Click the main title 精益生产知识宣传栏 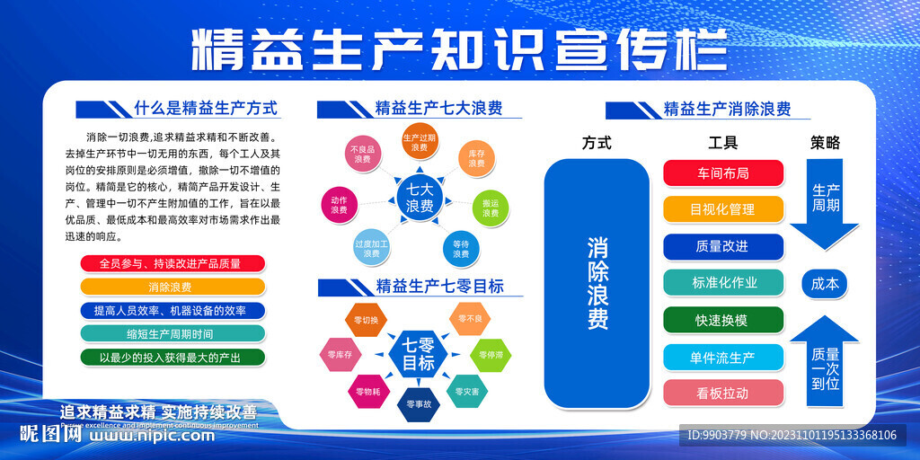tap(459, 49)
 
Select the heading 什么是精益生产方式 tap(206, 109)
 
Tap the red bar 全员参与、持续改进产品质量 tap(172, 264)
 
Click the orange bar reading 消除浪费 tap(172, 287)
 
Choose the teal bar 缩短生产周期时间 tap(172, 333)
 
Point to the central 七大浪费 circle tap(420, 198)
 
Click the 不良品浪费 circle tap(362, 154)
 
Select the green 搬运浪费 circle tap(490, 208)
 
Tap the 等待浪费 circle tap(460, 248)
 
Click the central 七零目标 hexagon tap(418, 355)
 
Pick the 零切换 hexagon tap(366, 320)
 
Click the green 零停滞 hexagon tap(491, 355)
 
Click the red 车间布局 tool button tap(723, 173)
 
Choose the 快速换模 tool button tap(723, 320)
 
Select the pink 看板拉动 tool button tap(723, 393)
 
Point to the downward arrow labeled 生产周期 tap(825, 202)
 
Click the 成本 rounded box tap(825, 284)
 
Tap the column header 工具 tap(722, 142)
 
